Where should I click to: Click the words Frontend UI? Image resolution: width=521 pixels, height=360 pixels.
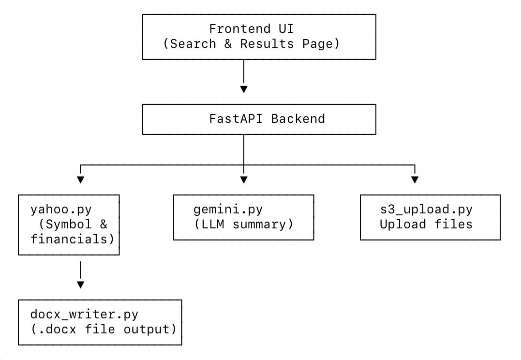(x=251, y=29)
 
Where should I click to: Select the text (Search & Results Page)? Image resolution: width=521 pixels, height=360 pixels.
(x=252, y=44)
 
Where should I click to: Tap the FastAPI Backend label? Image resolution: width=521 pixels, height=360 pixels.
(x=267, y=119)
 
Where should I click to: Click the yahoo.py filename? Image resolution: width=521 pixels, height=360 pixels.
(x=61, y=210)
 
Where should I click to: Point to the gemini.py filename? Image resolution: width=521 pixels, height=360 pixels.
(x=228, y=210)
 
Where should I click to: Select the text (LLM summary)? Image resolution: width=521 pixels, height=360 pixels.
(x=243, y=225)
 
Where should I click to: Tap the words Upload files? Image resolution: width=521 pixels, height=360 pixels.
(x=426, y=225)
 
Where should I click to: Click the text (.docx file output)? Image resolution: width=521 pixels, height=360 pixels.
(x=103, y=330)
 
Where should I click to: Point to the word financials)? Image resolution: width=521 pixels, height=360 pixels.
(x=75, y=239)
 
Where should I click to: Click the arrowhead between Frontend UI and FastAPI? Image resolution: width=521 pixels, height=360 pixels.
(x=244, y=89)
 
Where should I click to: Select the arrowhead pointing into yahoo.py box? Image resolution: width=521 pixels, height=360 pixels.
(x=80, y=180)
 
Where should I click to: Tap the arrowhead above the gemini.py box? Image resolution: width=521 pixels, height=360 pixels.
(x=244, y=180)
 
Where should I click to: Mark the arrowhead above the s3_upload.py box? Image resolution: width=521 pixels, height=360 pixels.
(x=415, y=180)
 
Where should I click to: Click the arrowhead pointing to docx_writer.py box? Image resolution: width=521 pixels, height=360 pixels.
(x=80, y=285)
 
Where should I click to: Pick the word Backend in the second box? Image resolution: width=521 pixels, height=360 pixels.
(x=298, y=119)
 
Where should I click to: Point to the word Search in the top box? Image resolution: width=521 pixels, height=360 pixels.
(x=194, y=44)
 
